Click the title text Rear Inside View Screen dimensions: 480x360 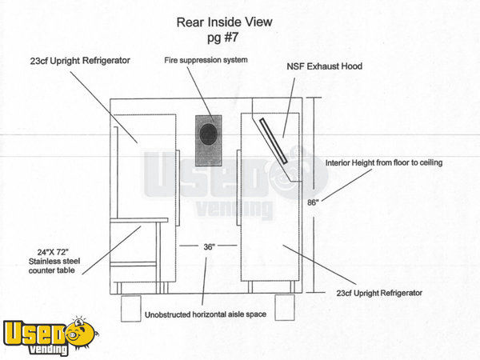coord(224,22)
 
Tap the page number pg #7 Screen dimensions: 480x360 coord(223,38)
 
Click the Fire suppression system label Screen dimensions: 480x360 coord(206,60)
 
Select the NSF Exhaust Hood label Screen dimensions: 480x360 coord(325,66)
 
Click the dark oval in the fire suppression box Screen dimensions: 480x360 coord(209,134)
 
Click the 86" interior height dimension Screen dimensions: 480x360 coord(313,202)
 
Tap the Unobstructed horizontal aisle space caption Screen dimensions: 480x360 coord(206,314)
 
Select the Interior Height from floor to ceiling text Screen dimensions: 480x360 coord(384,162)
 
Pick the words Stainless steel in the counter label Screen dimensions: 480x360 coord(54,262)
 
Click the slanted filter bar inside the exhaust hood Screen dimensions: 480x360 coord(274,141)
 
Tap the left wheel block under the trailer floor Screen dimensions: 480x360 coord(131,308)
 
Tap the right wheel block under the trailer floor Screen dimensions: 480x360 coord(285,307)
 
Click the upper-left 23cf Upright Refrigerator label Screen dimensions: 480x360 coord(80,61)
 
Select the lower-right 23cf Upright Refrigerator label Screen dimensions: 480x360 coord(379,293)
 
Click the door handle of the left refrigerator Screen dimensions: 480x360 coord(178,188)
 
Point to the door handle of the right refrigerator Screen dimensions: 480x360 coord(238,188)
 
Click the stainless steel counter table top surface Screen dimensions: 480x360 coord(139,220)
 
